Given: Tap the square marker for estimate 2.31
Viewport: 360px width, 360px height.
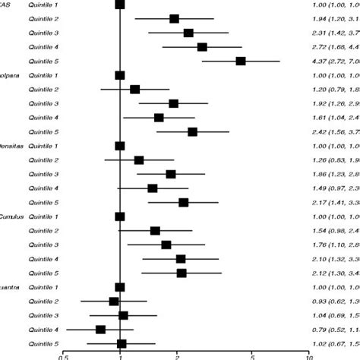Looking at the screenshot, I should (x=188, y=33).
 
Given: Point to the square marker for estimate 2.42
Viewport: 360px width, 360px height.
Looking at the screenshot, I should (x=192, y=132).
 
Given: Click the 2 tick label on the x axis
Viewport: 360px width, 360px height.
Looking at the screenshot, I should (x=176, y=355).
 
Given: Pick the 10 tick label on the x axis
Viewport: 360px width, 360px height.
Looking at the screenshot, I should (x=308, y=355).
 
